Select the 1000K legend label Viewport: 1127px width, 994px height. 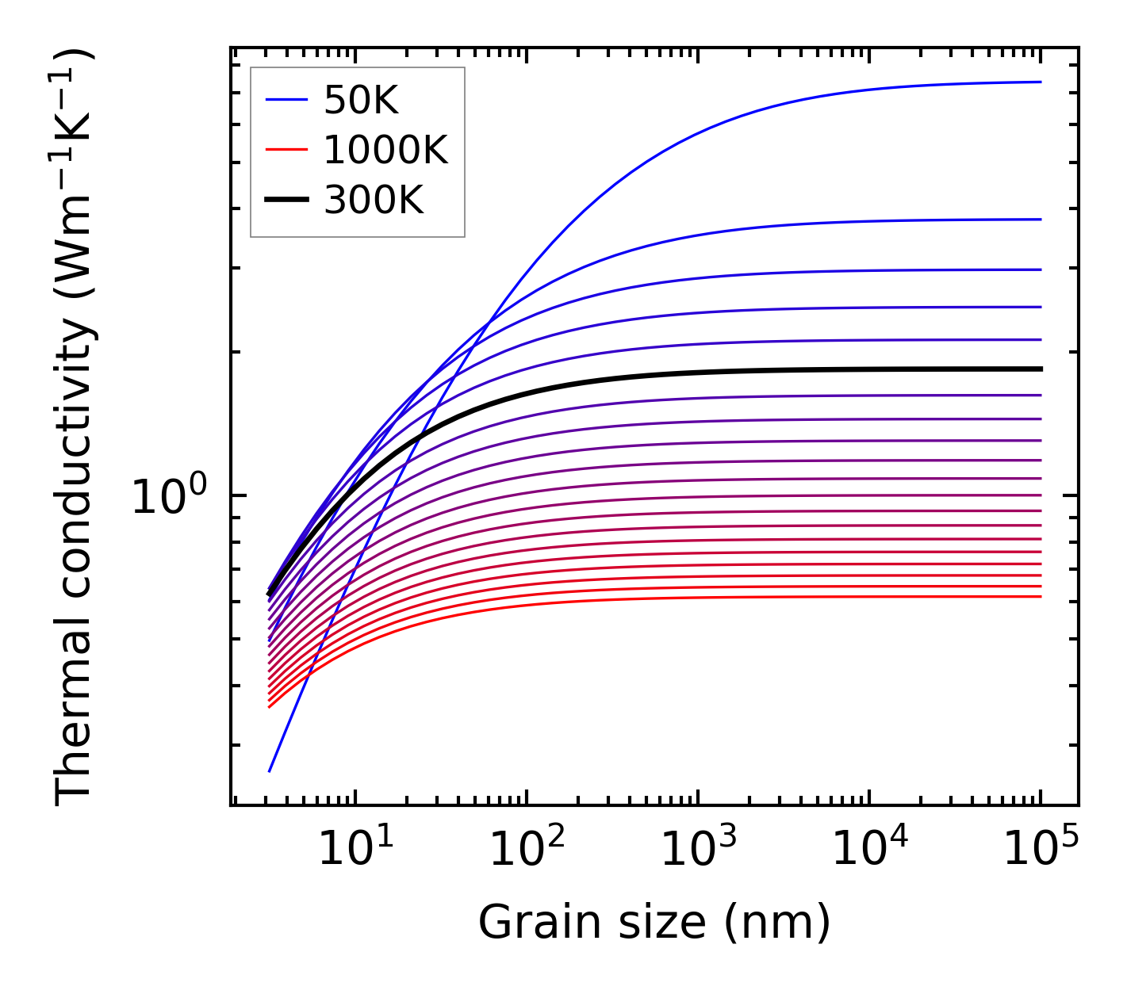click(x=385, y=150)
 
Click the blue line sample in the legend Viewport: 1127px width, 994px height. click(x=286, y=100)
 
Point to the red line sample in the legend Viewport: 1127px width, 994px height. click(x=286, y=150)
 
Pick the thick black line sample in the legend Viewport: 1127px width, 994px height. click(x=286, y=201)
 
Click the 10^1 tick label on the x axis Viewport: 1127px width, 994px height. click(x=355, y=850)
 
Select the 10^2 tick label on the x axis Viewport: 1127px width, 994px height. click(x=527, y=850)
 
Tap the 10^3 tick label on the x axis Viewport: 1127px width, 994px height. click(x=698, y=850)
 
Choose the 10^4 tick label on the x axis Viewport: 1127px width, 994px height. click(x=869, y=850)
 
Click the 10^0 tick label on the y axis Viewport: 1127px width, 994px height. click(x=168, y=497)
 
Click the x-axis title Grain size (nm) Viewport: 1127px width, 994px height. click(x=654, y=923)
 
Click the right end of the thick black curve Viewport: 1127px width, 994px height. click(x=1041, y=369)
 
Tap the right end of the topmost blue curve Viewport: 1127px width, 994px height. click(x=1041, y=82)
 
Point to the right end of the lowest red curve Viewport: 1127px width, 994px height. click(x=1041, y=596)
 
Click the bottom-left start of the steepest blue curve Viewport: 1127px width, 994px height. click(x=270, y=770)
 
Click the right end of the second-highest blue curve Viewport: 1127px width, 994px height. click(x=1041, y=220)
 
